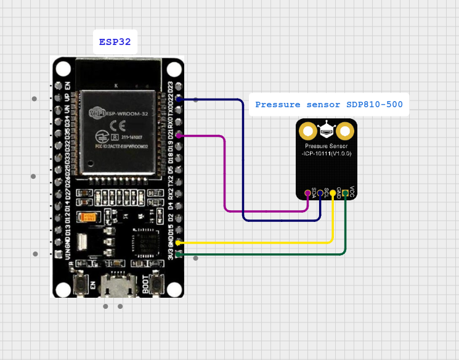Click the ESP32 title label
115,43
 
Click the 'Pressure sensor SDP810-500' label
329,105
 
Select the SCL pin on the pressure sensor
320,194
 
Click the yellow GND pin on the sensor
333,194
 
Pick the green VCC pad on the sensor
346,194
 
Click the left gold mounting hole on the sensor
307,131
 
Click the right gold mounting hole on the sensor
345,131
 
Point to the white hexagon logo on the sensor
326,130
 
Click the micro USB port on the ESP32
117,287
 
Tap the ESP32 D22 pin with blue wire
178,99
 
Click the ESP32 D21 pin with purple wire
178,136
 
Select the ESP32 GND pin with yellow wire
178,243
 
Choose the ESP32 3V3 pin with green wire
178,253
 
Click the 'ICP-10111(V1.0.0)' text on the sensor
326,153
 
